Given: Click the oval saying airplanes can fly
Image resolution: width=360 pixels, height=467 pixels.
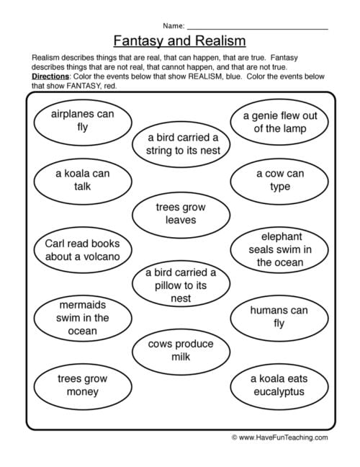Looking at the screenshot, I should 83,121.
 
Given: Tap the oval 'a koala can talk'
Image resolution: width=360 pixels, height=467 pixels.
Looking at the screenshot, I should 83,180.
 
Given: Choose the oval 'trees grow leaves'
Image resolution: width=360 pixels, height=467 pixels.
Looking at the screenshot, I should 180,213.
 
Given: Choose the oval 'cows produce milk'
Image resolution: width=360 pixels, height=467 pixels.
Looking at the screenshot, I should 180,351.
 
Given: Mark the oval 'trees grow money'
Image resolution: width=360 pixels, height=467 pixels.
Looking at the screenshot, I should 82,385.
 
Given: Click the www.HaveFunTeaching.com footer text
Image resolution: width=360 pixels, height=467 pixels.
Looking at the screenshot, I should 284,437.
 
